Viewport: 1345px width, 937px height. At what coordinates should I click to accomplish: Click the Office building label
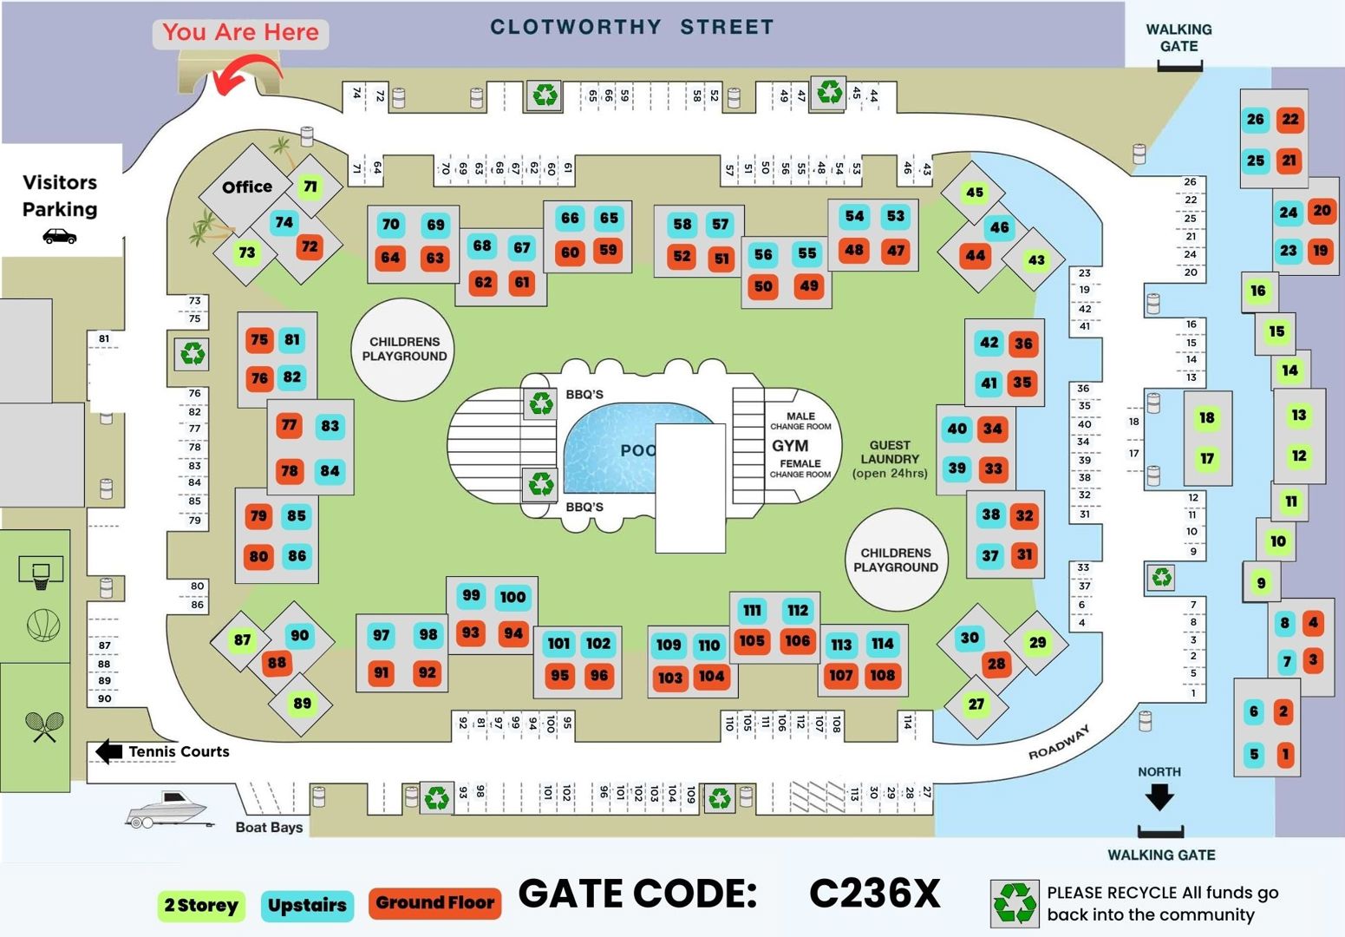tap(247, 187)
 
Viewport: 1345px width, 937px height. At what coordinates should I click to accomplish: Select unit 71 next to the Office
tap(310, 187)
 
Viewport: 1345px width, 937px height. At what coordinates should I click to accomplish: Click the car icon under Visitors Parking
tap(59, 236)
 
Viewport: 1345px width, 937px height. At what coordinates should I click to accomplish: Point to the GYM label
tap(790, 446)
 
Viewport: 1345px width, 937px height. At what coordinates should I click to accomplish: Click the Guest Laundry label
tap(890, 459)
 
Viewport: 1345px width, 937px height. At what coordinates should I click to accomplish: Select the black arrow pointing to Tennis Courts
tap(108, 751)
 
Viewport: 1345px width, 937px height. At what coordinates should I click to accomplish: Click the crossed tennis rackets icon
tap(43, 726)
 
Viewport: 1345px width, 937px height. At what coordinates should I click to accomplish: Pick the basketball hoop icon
tap(41, 573)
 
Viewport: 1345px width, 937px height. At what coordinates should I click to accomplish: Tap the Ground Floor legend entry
tap(434, 903)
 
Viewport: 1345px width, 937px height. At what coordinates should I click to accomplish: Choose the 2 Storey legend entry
tap(201, 906)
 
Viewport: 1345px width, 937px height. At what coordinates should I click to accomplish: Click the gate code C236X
tap(874, 894)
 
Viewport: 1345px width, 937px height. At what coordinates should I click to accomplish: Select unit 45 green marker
tap(974, 192)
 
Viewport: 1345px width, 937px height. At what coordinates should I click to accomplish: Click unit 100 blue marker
tap(513, 597)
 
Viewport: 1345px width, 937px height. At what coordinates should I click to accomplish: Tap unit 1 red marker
tap(1285, 754)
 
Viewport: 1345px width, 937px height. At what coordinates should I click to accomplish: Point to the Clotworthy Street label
tap(631, 28)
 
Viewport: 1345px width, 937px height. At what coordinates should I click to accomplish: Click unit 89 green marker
tap(302, 703)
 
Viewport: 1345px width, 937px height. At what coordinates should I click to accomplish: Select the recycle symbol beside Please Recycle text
tap(1015, 903)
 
